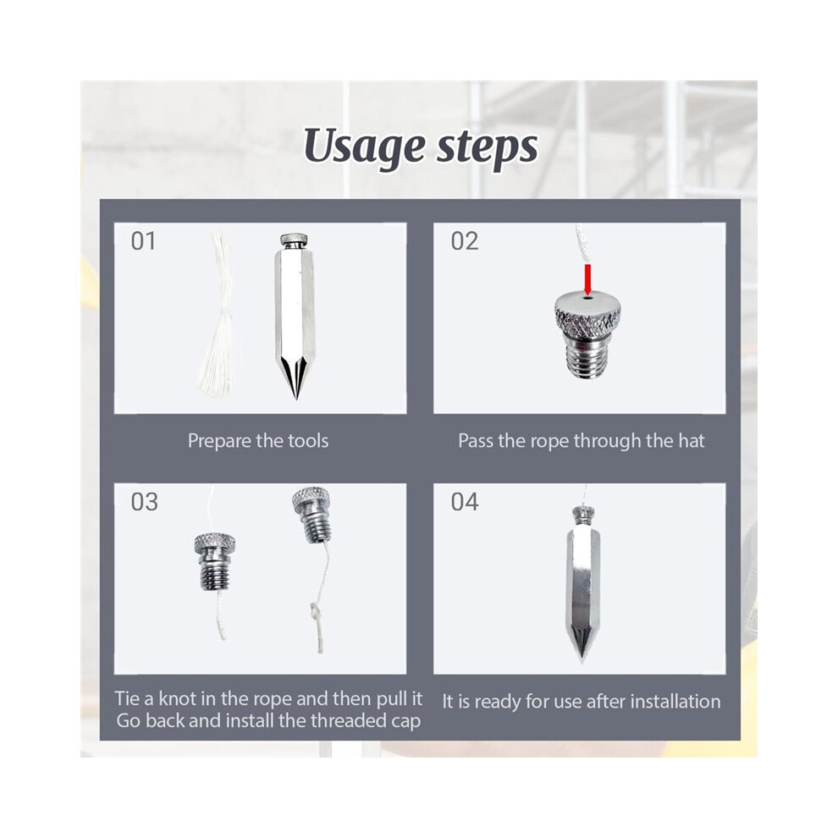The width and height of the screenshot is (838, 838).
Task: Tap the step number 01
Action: [143, 241]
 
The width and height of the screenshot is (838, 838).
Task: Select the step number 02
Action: [465, 241]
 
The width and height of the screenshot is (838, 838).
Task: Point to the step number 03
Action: [144, 502]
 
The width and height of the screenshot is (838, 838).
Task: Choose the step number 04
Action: [465, 502]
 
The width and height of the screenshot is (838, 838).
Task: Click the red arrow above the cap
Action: [588, 279]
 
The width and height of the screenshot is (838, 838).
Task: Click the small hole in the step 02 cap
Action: [588, 299]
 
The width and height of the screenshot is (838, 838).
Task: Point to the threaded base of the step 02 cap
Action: [587, 356]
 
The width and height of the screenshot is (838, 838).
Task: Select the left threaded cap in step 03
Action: [214, 561]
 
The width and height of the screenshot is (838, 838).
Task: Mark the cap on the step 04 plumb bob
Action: [583, 514]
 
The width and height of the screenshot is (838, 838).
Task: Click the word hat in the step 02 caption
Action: [692, 441]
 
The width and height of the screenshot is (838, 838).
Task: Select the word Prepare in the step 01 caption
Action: [219, 442]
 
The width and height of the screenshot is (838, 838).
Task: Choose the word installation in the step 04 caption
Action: [675, 701]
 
